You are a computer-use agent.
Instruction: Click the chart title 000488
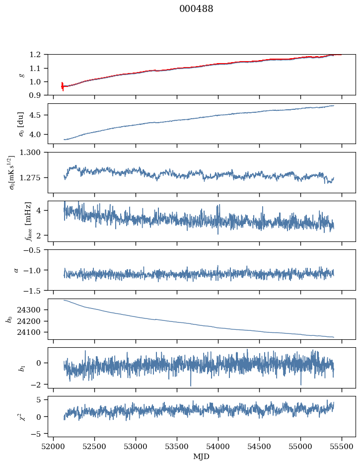pyautogui.click(x=196, y=9)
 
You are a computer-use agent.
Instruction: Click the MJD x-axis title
pyautogui.click(x=202, y=457)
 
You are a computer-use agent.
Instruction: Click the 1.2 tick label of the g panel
pyautogui.click(x=38, y=54)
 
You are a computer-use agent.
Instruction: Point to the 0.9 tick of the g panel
pyautogui.click(x=38, y=95)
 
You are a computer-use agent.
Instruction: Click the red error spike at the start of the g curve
pyautogui.click(x=62, y=86)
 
